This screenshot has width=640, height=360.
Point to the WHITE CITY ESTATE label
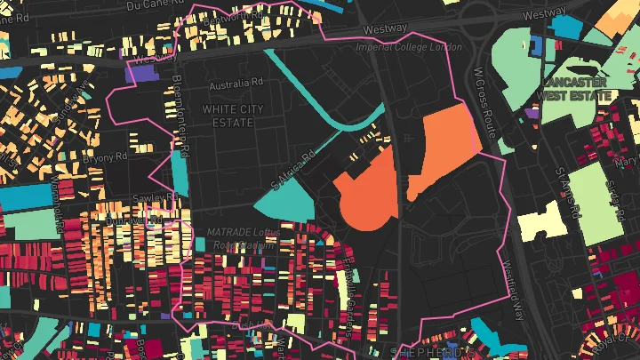point(233,115)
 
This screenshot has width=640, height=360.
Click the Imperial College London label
point(409,47)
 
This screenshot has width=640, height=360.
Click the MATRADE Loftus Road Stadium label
point(244,237)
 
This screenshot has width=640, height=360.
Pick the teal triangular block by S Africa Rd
point(286,203)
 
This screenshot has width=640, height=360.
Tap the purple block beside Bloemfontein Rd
point(141,73)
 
